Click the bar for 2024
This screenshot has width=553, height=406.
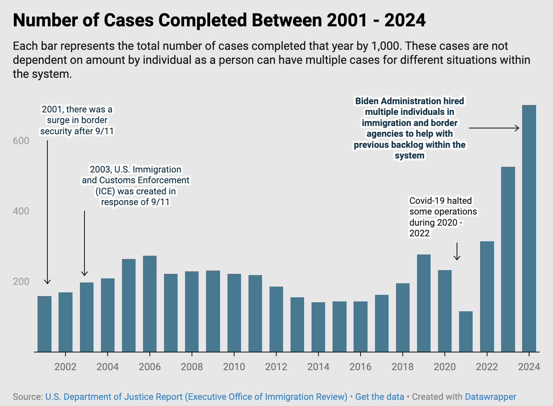point(529,229)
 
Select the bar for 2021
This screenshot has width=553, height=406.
point(466,331)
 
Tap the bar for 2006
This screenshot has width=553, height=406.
point(150,304)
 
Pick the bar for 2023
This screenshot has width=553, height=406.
point(508,259)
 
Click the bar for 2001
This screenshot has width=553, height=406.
point(45,324)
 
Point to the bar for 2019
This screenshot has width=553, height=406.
point(424,303)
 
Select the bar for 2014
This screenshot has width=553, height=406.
point(318,327)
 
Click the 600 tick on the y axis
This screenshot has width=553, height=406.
point(21,141)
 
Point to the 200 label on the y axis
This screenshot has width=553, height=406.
point(21,282)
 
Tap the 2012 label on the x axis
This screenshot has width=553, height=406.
point(276,367)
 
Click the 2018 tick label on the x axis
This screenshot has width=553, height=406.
point(403,367)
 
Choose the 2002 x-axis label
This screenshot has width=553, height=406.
point(66,367)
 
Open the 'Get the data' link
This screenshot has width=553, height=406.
point(380,397)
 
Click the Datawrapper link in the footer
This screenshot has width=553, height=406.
point(490,397)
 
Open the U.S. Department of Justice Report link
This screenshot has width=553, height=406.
point(196,397)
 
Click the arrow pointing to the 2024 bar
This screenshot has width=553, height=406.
point(494,128)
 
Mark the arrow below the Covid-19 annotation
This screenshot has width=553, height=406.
point(457,252)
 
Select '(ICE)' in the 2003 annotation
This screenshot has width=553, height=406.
point(105,191)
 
